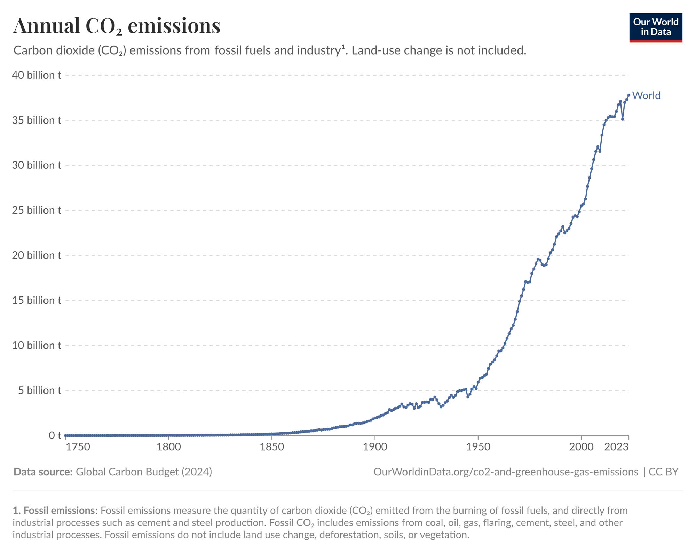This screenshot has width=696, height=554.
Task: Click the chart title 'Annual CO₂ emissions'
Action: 117,26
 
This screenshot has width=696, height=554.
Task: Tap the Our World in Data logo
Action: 656,27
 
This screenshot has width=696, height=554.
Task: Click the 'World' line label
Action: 646,95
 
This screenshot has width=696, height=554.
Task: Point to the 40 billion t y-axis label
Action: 37,75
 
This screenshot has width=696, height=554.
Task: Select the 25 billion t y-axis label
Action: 37,210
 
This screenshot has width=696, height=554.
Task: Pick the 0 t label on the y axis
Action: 55,435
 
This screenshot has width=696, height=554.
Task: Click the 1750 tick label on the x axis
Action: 78,447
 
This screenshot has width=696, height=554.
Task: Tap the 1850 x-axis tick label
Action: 272,447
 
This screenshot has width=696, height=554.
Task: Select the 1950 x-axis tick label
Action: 478,447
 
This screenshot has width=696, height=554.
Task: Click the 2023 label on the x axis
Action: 616,447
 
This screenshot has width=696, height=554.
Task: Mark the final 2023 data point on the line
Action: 628,95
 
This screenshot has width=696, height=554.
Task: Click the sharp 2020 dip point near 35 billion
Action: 623,119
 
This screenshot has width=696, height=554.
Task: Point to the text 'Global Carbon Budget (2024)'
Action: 144,472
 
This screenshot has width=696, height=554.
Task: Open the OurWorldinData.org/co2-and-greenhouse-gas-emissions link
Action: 506,472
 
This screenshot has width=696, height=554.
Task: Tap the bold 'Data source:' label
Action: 43,472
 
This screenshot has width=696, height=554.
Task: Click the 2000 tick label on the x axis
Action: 581,447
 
